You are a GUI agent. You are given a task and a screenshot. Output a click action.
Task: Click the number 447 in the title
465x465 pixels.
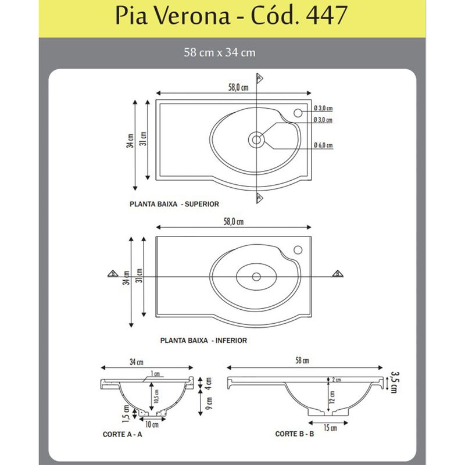[327, 15]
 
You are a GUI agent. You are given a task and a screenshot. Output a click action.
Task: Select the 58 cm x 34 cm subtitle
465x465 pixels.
[220, 52]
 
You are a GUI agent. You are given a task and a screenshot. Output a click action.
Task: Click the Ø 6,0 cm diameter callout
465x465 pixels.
[323, 145]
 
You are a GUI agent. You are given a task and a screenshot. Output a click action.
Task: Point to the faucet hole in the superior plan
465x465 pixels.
[298, 113]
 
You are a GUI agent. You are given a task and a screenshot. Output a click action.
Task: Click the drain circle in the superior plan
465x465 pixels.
[256, 139]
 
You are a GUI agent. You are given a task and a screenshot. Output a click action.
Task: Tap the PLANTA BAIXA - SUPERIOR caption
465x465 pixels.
[174, 204]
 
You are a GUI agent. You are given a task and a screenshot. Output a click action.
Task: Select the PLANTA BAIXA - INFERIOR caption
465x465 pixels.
[203, 341]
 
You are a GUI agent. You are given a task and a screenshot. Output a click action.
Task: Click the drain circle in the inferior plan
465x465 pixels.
[256, 277]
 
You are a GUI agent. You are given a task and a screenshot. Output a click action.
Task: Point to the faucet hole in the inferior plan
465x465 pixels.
[298, 250]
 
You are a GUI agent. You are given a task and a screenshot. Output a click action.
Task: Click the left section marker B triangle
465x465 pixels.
[113, 274]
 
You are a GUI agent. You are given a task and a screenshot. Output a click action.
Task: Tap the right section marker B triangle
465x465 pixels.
[337, 274]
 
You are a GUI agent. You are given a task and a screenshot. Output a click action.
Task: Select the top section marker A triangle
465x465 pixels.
[259, 78]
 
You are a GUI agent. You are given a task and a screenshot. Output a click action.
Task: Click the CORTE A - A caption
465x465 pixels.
[123, 434]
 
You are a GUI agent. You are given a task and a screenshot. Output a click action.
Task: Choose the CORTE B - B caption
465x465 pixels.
[295, 434]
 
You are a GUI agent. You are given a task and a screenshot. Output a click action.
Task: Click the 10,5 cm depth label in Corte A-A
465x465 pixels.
[157, 396]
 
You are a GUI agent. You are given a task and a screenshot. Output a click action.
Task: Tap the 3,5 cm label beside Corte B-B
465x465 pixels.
[394, 382]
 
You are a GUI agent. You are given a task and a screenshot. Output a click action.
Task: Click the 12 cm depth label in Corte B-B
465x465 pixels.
[332, 397]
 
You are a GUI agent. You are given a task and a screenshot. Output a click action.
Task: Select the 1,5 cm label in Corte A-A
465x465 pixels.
[126, 413]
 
